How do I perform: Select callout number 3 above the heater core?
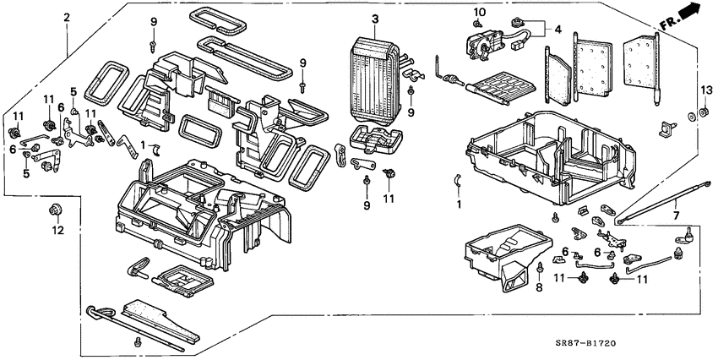[375, 19]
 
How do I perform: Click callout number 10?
[480, 12]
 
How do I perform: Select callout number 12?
[57, 229]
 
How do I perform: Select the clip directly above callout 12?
[57, 209]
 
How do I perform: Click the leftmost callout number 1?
[144, 145]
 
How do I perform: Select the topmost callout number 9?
[154, 20]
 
